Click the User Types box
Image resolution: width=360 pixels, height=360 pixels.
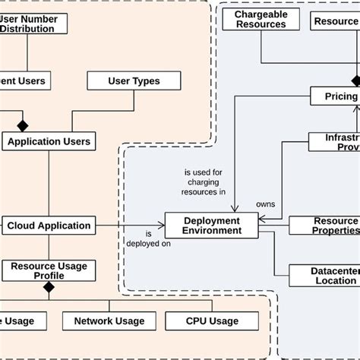coord(134,81)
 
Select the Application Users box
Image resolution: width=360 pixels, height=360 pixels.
coord(49,141)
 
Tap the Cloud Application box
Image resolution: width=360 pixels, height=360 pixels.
coord(49,225)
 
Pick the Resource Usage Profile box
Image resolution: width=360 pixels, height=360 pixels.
coord(49,270)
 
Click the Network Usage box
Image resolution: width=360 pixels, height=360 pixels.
coord(109,321)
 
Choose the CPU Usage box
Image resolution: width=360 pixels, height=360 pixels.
coord(212,321)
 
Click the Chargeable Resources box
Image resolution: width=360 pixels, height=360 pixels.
coord(261,20)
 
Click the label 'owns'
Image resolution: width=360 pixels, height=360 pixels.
coord(265,204)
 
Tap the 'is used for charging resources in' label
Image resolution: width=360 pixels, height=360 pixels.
coord(205,182)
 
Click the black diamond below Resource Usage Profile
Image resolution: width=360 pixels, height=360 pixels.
coord(49,287)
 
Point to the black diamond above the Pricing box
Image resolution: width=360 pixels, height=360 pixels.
coord(355,81)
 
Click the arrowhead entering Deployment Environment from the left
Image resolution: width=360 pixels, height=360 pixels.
coord(160,225)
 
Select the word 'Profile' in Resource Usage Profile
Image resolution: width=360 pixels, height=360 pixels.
coord(49,276)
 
